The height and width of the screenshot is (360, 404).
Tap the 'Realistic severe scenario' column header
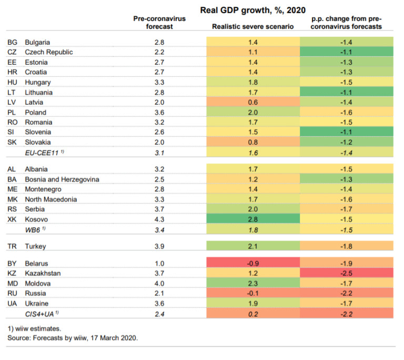point(252,26)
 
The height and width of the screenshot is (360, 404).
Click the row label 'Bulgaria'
point(39,42)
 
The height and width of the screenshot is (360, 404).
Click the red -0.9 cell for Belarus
point(252,263)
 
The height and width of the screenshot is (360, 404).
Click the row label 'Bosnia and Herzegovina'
point(62,179)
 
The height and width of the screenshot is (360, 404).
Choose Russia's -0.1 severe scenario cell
point(252,293)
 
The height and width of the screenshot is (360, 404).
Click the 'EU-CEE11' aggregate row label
point(47,152)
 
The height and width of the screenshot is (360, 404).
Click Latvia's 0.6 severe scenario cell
point(252,102)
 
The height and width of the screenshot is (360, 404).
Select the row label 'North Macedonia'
point(50,199)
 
